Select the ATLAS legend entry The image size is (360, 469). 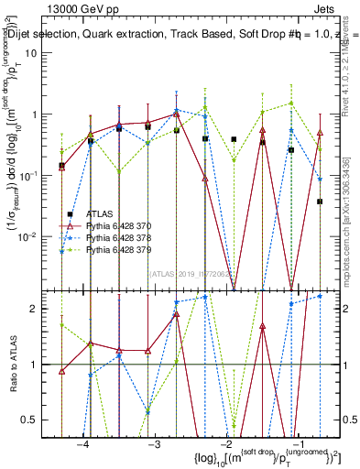(103, 213)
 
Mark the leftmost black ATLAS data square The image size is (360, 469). (62, 166)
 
